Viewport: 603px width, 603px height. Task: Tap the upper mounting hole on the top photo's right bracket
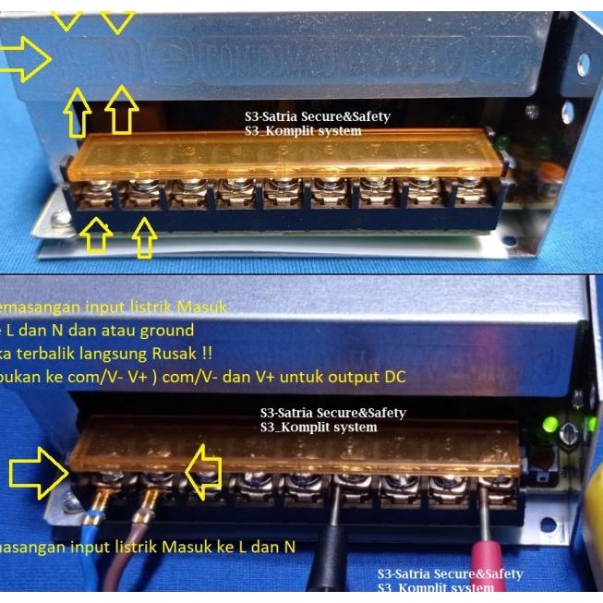pyautogui.click(x=584, y=64)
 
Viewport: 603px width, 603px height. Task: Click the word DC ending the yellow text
pyautogui.click(x=394, y=376)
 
